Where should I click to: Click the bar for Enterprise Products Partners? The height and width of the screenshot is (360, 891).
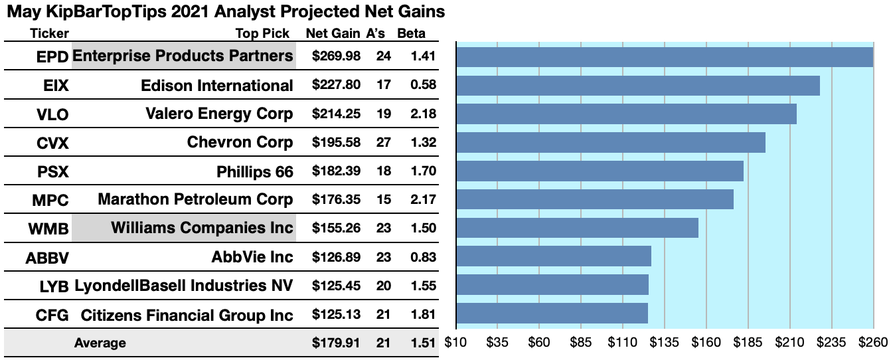(664, 57)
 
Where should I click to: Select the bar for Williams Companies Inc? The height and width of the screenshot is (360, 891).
(578, 228)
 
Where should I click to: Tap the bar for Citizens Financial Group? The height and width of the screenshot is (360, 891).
(552, 313)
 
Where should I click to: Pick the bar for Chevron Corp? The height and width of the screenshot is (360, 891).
(611, 142)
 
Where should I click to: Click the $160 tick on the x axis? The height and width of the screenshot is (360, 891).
(706, 343)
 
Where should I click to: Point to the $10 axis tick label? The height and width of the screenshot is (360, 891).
(456, 343)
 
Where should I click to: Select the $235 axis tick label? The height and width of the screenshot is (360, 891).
(831, 343)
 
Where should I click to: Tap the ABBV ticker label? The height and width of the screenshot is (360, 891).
(47, 257)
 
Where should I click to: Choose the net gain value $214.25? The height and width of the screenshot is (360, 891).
(336, 114)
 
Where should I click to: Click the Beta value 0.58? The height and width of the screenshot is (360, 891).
(423, 85)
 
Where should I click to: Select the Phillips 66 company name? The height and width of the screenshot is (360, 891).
(254, 171)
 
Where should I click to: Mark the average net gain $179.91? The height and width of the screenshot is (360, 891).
(336, 343)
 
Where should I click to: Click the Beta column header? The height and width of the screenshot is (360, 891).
(411, 34)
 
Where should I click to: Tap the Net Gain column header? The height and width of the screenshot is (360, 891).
(333, 34)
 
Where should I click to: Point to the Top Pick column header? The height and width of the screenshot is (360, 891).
(262, 34)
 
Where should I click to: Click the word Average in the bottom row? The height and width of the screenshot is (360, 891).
(100, 343)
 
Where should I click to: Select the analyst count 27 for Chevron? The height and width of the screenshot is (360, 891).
(383, 142)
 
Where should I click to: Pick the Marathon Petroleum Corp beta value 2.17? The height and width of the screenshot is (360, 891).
(423, 199)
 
